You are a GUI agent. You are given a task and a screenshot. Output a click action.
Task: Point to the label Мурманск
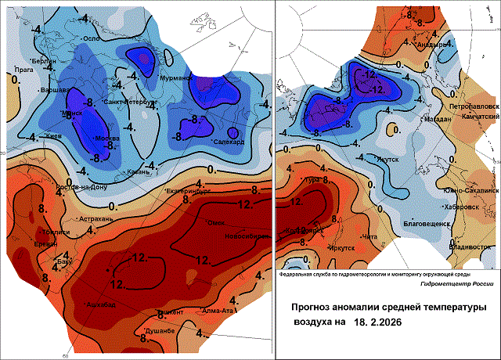pos(177,78)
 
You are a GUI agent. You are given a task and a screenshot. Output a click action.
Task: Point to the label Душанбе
pos(162,331)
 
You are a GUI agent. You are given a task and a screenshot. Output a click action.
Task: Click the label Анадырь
pos(432,45)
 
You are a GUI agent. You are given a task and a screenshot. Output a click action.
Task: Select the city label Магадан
pos(435,119)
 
